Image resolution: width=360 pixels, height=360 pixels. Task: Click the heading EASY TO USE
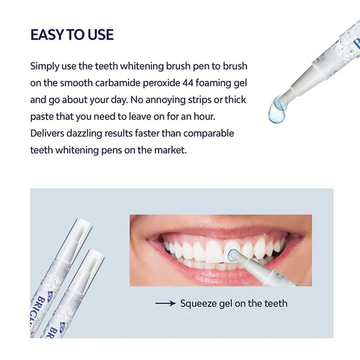[x=72, y=35]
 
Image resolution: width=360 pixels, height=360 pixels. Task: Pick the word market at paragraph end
[x=171, y=149]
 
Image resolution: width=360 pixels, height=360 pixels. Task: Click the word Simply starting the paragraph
[x=46, y=65]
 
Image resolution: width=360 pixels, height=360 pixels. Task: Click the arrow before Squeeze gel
[x=165, y=304]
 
